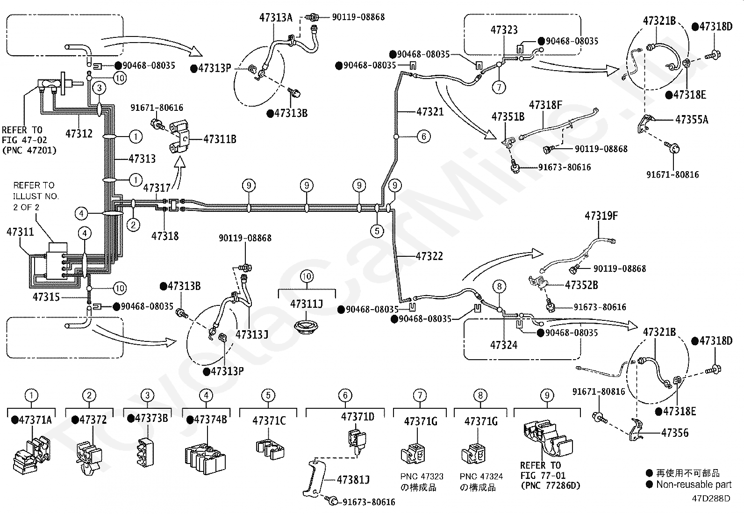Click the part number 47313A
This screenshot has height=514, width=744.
click(x=276, y=17)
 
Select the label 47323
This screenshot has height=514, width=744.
click(x=504, y=30)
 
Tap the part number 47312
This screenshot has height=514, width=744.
click(x=79, y=134)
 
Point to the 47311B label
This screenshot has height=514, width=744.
click(x=220, y=139)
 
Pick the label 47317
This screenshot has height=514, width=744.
click(x=157, y=188)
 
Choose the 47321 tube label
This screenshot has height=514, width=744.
click(x=430, y=112)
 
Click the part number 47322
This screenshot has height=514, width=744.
click(x=429, y=256)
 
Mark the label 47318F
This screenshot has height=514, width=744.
click(x=545, y=105)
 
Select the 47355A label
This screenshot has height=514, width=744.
click(x=692, y=119)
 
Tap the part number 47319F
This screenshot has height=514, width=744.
click(x=601, y=216)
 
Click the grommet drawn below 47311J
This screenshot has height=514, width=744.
click(x=306, y=327)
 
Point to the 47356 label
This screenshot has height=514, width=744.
click(x=675, y=433)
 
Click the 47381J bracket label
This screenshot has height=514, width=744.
click(x=353, y=479)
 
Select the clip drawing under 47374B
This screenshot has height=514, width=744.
click(x=205, y=459)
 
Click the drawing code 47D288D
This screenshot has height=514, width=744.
click(x=711, y=499)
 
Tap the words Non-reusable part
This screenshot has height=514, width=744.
click(x=694, y=485)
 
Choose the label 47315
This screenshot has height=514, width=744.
click(x=46, y=297)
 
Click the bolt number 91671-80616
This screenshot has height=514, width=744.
click(x=157, y=108)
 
